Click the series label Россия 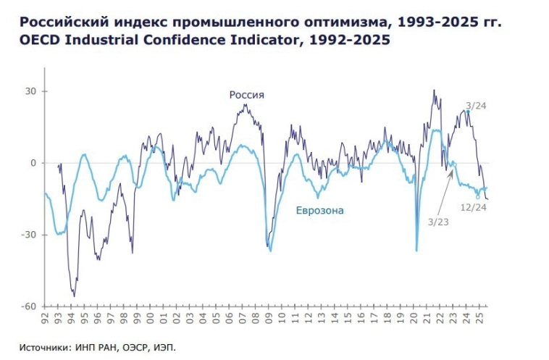pyautogui.click(x=247, y=95)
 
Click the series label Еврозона pyautogui.click(x=319, y=211)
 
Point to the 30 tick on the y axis pyautogui.click(x=30, y=92)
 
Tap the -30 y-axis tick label pyautogui.click(x=29, y=235)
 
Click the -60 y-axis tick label pyautogui.click(x=29, y=306)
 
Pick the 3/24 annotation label pyautogui.click(x=476, y=106)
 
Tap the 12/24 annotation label pyautogui.click(x=474, y=207)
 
